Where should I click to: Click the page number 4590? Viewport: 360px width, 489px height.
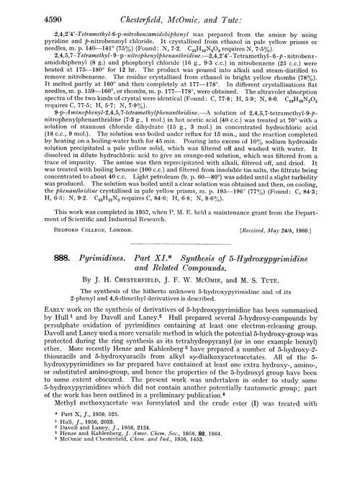31,10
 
